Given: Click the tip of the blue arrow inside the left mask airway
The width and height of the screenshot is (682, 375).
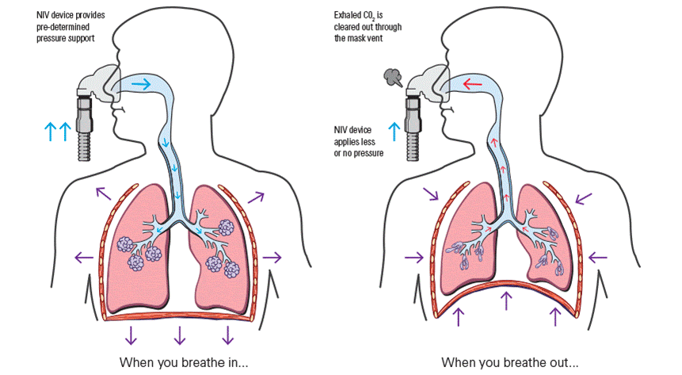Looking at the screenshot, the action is (151, 84).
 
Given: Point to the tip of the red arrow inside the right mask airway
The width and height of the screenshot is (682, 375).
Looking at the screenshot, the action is (463, 83).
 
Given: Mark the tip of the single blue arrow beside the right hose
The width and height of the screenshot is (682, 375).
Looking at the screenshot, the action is (394, 122).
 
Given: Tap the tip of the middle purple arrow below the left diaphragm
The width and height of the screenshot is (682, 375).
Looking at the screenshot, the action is (180, 345).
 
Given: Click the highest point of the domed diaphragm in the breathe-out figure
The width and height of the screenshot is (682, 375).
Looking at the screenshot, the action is (506, 280).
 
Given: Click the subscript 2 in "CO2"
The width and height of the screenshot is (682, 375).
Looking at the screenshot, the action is (373, 19).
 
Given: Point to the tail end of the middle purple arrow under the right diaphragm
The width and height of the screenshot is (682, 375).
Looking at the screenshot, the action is (506, 310).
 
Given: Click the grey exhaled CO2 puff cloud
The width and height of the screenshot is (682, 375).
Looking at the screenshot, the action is (393, 78).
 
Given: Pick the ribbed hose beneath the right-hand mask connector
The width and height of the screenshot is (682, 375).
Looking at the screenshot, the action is (413, 147).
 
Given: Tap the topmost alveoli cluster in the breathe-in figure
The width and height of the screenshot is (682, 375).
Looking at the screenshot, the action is (227, 228).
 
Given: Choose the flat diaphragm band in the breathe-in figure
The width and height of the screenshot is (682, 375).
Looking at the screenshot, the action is (179, 316).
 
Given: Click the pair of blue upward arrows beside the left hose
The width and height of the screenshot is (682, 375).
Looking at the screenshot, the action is (58, 132).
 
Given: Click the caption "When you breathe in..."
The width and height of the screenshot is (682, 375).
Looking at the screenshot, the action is (184, 362).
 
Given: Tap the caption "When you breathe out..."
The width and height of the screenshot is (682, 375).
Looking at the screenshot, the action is (510, 362).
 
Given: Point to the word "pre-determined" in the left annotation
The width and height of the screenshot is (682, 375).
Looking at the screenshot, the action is (63, 27).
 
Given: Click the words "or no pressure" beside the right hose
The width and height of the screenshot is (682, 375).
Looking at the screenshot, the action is (359, 153).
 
